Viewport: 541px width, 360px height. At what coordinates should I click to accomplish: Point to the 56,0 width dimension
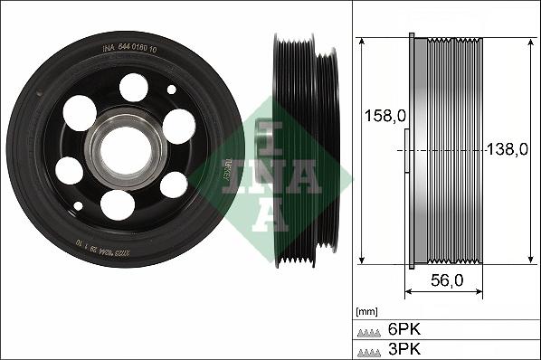point(446,280)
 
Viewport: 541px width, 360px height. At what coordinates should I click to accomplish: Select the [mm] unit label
point(368,308)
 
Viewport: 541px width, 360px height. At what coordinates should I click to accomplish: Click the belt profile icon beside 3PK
point(369,349)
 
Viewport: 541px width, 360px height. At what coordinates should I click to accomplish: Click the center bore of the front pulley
point(124,149)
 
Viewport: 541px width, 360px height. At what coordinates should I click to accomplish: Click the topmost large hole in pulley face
point(134,87)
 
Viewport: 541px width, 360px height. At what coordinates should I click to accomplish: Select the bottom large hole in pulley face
point(118,204)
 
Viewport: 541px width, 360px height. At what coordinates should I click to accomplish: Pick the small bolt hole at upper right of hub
point(172,90)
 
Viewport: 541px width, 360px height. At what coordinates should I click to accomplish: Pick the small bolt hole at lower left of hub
point(78,206)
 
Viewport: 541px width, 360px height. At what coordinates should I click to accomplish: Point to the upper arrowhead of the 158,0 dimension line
point(361,42)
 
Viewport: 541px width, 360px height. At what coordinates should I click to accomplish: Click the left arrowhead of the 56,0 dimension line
point(406,292)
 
